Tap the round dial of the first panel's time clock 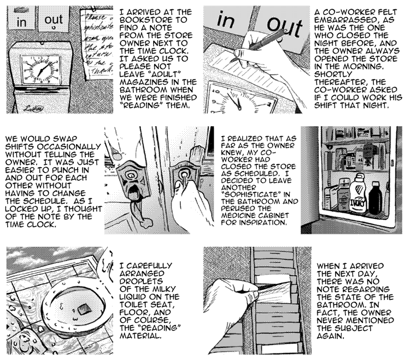point(40,69)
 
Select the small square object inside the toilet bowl point(84,309)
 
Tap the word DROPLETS point(141,281)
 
